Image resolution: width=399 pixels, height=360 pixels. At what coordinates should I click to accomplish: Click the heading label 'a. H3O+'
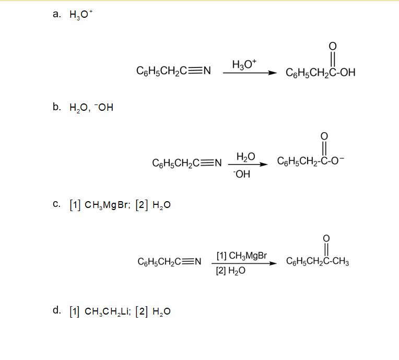pos(73,15)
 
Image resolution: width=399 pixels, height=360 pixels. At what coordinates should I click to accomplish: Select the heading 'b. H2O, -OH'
pos(83,108)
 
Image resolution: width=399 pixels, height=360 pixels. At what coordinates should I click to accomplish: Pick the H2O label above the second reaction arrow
pos(245,157)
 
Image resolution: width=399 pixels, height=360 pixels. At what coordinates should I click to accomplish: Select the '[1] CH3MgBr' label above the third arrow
pos(241,256)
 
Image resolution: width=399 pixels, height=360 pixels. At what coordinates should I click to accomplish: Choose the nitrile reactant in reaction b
pos(187,164)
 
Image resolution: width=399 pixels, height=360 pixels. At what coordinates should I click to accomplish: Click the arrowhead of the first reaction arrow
pos(272,73)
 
